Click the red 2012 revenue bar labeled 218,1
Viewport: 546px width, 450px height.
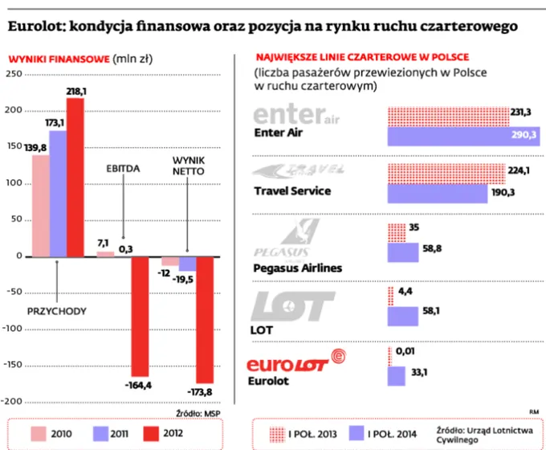click(x=75, y=177)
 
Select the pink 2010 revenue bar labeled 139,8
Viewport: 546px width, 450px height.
click(x=40, y=206)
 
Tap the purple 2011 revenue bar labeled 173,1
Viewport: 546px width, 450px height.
click(x=58, y=194)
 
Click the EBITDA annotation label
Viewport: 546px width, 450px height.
click(x=124, y=170)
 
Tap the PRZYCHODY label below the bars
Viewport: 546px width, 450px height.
click(x=57, y=310)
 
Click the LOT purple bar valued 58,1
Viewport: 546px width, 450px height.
click(x=406, y=315)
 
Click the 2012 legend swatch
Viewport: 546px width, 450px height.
click(x=151, y=434)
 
